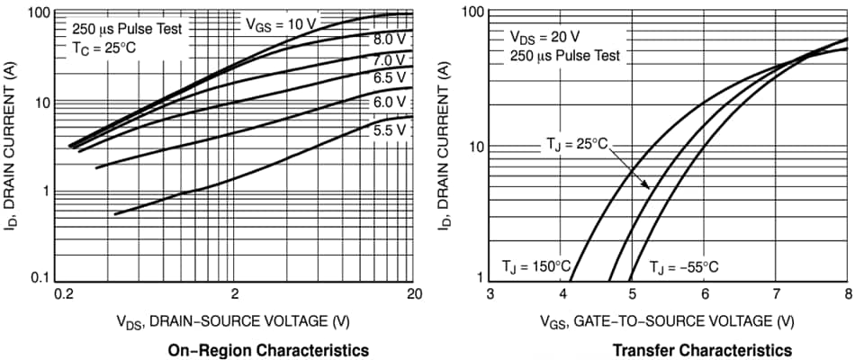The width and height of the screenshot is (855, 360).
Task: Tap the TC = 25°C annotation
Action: point(103,48)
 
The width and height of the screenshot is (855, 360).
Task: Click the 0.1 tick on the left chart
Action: point(37,277)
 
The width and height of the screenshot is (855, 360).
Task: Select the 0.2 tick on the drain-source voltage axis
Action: point(63,293)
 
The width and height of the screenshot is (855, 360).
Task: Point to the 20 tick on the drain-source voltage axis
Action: point(413,293)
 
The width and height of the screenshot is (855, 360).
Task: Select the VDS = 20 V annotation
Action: point(544,37)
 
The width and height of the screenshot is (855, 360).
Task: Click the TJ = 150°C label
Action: point(536,266)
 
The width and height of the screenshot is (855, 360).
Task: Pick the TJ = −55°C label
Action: point(685,266)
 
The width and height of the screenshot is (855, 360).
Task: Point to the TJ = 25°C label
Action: point(577,143)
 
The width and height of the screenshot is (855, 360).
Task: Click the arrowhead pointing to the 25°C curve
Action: point(647,185)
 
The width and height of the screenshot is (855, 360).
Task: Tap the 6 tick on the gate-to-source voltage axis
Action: point(704,293)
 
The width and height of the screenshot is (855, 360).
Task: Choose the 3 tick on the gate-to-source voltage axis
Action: point(490,293)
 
